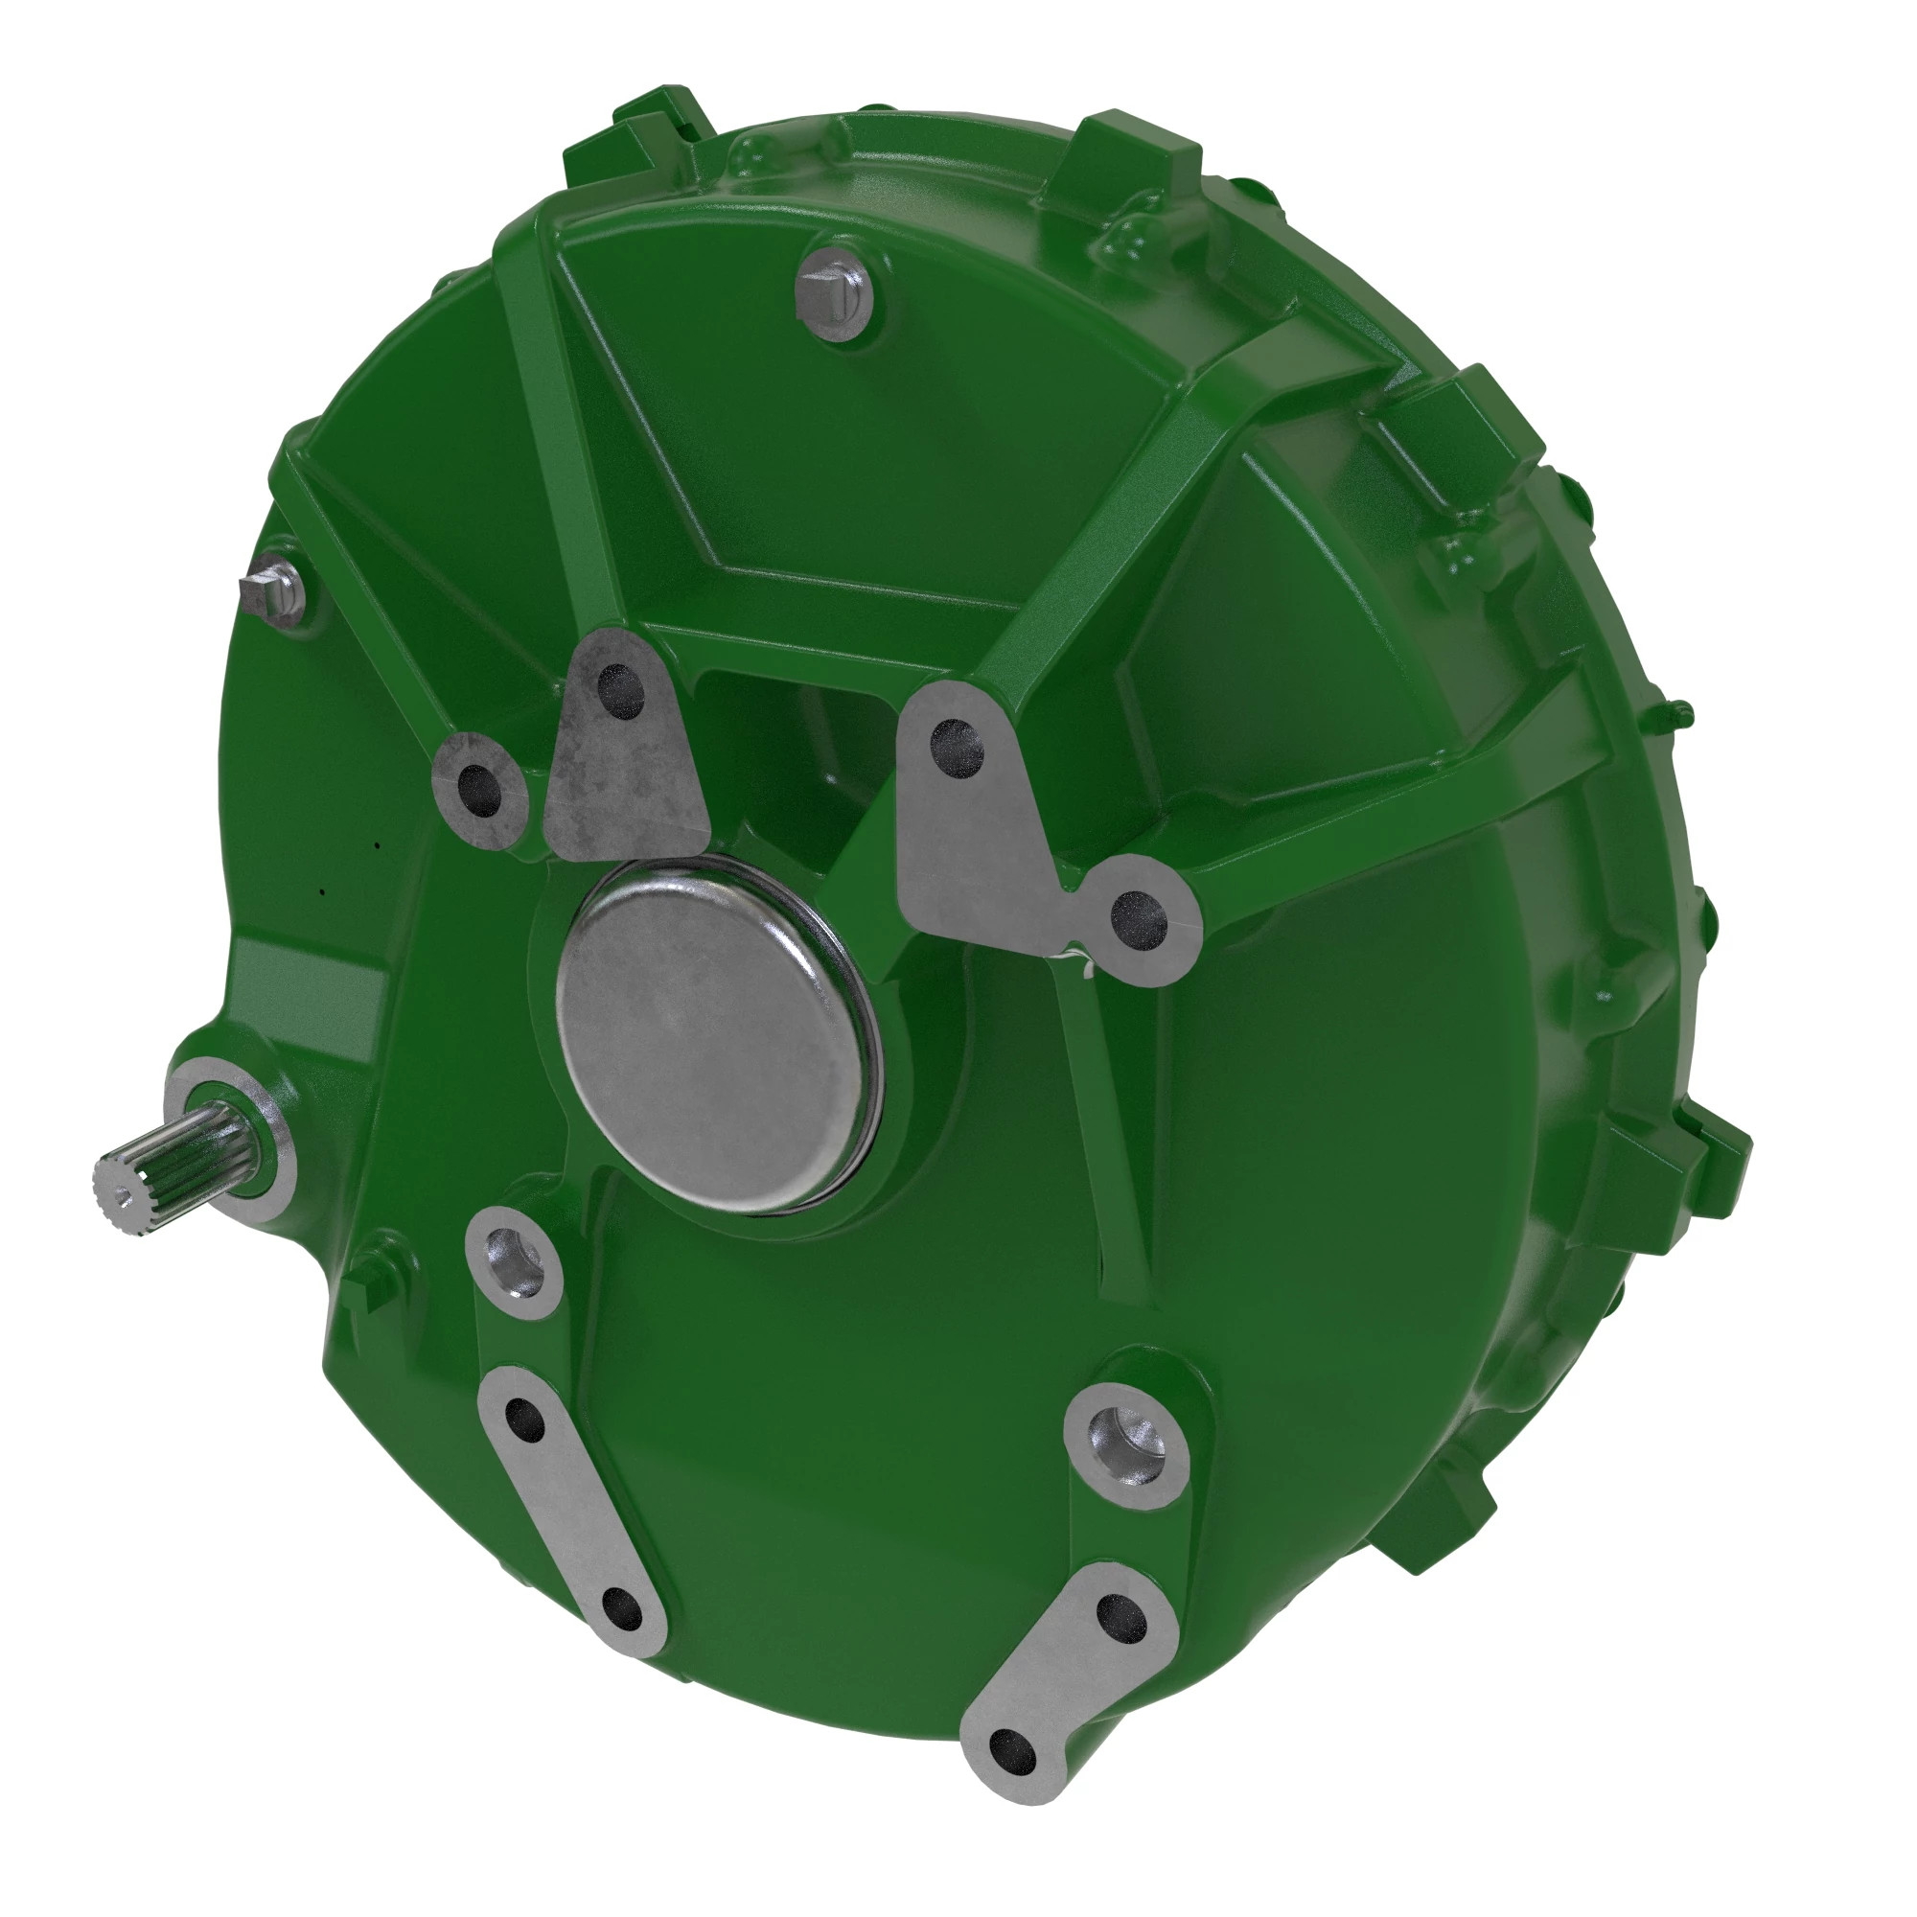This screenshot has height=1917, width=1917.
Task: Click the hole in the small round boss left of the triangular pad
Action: [479, 791]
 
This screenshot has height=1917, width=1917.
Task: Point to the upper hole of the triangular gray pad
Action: [621, 692]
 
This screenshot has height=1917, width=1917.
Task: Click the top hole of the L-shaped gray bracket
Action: [958, 750]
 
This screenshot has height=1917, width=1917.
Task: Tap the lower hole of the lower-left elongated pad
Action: [621, 1608]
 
